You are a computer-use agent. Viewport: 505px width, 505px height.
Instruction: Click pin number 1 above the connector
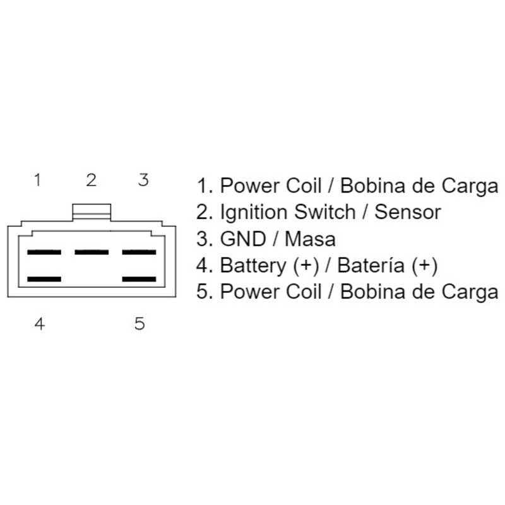(x=38, y=181)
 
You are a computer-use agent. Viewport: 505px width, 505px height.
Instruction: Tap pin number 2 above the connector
(x=92, y=181)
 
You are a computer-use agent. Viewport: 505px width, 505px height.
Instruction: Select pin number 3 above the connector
(x=143, y=181)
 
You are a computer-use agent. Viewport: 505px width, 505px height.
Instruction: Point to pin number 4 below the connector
(x=39, y=324)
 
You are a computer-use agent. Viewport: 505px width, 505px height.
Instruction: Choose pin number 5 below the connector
(x=140, y=324)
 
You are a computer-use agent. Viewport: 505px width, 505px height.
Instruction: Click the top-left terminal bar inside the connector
(x=44, y=252)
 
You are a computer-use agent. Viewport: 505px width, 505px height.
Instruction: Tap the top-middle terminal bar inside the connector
(x=92, y=252)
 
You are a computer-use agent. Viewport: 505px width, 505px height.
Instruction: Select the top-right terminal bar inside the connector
(x=139, y=252)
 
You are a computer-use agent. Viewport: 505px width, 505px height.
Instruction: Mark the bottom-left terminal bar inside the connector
(x=44, y=278)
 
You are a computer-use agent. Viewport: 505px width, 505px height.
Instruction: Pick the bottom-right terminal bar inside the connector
(x=139, y=278)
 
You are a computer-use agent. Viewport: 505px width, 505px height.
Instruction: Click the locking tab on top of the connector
(x=92, y=212)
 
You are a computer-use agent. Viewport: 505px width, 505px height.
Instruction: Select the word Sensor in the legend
(x=408, y=213)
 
